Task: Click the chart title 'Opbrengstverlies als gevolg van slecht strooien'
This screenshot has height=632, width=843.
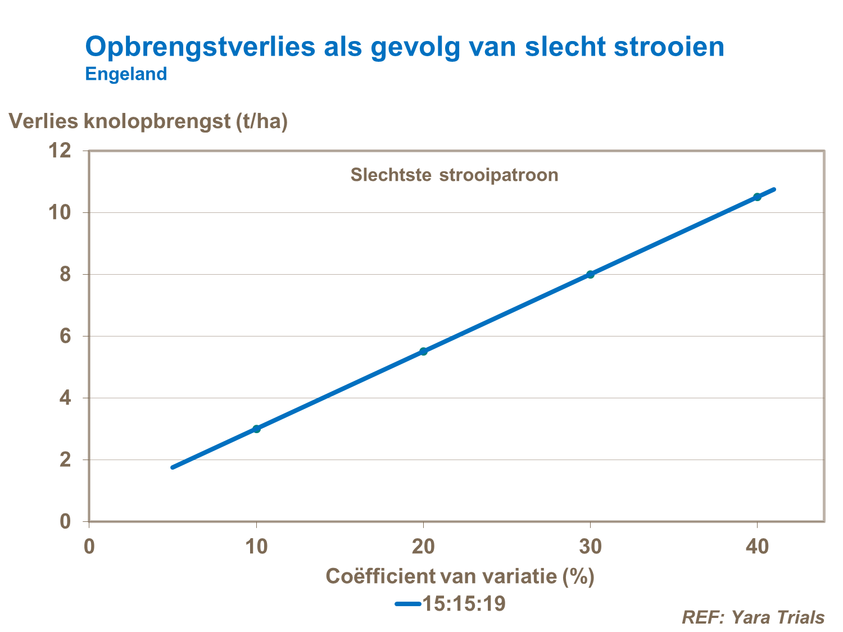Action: [x=405, y=47]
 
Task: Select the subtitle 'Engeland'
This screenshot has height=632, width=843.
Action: [x=126, y=74]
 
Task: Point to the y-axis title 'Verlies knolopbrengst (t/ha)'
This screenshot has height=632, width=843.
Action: [x=148, y=121]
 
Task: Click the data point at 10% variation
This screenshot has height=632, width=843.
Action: [x=257, y=429]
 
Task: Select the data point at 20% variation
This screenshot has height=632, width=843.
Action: [x=424, y=351]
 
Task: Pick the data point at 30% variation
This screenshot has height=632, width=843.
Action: [x=590, y=274]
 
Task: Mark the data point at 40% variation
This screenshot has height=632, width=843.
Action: [x=757, y=197]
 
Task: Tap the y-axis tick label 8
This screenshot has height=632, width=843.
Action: [x=65, y=274]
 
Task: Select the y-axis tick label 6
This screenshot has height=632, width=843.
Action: [x=65, y=336]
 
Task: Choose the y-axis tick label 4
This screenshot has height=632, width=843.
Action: [x=65, y=398]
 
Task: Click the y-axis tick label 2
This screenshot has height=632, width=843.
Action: [x=65, y=460]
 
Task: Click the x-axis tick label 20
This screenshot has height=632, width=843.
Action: [x=424, y=547]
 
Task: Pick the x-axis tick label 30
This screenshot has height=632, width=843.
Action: [x=590, y=547]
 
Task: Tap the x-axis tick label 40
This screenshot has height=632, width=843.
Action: [x=757, y=547]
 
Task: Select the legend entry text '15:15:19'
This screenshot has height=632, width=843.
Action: [x=464, y=604]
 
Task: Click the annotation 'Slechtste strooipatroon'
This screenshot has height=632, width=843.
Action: [x=454, y=175]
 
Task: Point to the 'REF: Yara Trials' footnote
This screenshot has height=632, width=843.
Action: [x=753, y=617]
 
